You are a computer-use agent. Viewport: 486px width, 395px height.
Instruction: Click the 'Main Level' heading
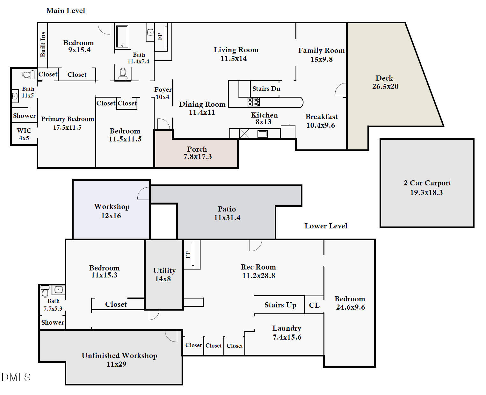pos(66,11)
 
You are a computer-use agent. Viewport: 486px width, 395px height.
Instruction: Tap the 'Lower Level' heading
pos(326,226)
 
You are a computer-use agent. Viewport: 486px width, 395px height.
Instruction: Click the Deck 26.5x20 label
pos(385,82)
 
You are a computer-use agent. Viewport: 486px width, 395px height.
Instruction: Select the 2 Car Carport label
pos(427,187)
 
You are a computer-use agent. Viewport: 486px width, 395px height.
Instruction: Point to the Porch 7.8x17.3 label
pos(197,153)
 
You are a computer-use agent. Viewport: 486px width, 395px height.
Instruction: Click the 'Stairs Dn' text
pos(266,89)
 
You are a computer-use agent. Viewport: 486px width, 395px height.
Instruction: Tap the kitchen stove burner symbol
pos(254,102)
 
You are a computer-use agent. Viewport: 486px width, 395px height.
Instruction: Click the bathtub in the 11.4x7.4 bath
pos(122,36)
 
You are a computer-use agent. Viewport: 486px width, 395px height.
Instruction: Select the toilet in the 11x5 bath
pos(28,75)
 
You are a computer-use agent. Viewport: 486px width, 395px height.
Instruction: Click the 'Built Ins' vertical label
pos(43,44)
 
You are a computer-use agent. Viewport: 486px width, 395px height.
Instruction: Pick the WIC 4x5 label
pos(24,134)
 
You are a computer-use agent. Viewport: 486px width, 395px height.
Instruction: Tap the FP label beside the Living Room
pos(160,37)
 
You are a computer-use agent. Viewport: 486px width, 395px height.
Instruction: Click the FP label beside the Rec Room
pos(188,255)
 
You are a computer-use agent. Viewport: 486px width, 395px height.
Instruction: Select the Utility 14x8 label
pos(164,275)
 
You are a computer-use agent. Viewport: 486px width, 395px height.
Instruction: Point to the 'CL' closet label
pos(314,305)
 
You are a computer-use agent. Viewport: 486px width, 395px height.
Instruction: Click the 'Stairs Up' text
pos(280,305)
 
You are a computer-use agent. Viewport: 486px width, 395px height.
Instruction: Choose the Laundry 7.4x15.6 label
pos(287,333)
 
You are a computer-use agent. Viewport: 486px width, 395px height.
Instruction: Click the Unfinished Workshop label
pos(119,360)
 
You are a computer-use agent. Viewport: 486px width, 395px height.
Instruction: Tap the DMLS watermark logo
pos(16,377)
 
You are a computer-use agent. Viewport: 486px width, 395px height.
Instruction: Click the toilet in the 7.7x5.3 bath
pos(45,291)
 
